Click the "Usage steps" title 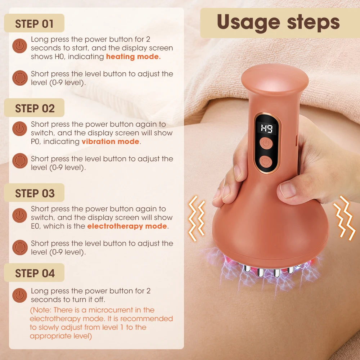tap(278, 22)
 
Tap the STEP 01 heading tap(34, 24)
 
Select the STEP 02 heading tap(35, 108)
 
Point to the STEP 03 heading tap(35, 193)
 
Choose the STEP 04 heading tap(35, 273)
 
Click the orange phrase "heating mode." tap(133, 57)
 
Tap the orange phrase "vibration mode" tap(110, 141)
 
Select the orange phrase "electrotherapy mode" tap(127, 226)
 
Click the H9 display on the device tap(267, 128)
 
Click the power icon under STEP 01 tap(20, 47)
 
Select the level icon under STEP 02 tap(20, 161)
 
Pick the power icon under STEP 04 tap(20, 295)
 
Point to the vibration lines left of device tap(197, 218)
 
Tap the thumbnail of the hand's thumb tap(288, 190)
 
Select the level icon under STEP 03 tap(20, 247)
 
